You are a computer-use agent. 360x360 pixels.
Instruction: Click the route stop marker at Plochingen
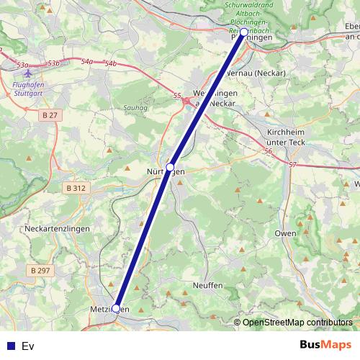coord(244,33)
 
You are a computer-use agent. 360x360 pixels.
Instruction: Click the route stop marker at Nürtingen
coord(170,167)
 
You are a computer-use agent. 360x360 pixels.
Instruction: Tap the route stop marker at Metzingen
coord(116,308)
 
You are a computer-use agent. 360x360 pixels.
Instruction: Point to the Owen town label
coord(285,234)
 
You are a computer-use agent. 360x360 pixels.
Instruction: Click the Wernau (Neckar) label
coord(256,73)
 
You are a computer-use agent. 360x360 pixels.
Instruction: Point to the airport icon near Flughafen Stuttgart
coord(28,73)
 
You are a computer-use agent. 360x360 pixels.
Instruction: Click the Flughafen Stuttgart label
coord(30,88)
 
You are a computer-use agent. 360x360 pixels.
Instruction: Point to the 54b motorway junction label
coord(110,64)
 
